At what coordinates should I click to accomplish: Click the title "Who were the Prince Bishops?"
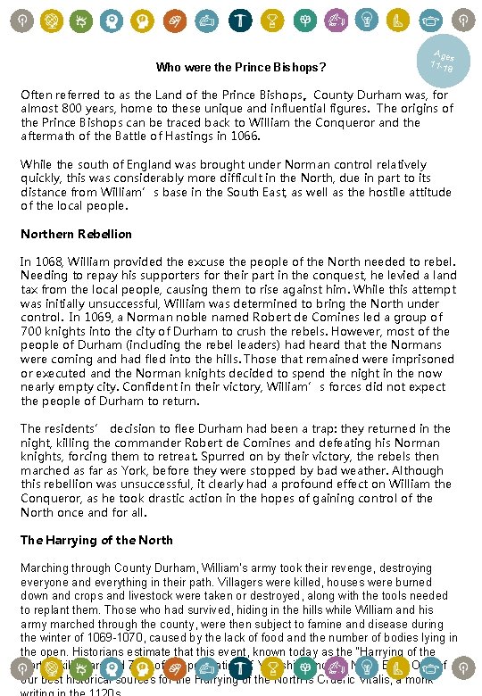point(240,67)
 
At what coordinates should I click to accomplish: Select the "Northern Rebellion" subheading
point(76,234)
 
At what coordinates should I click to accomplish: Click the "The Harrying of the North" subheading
point(96,540)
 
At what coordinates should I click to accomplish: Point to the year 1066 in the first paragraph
point(242,136)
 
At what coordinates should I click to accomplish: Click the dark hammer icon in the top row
point(240,20)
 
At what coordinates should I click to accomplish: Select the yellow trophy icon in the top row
point(271,20)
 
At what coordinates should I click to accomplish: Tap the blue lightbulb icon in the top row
point(367,20)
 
